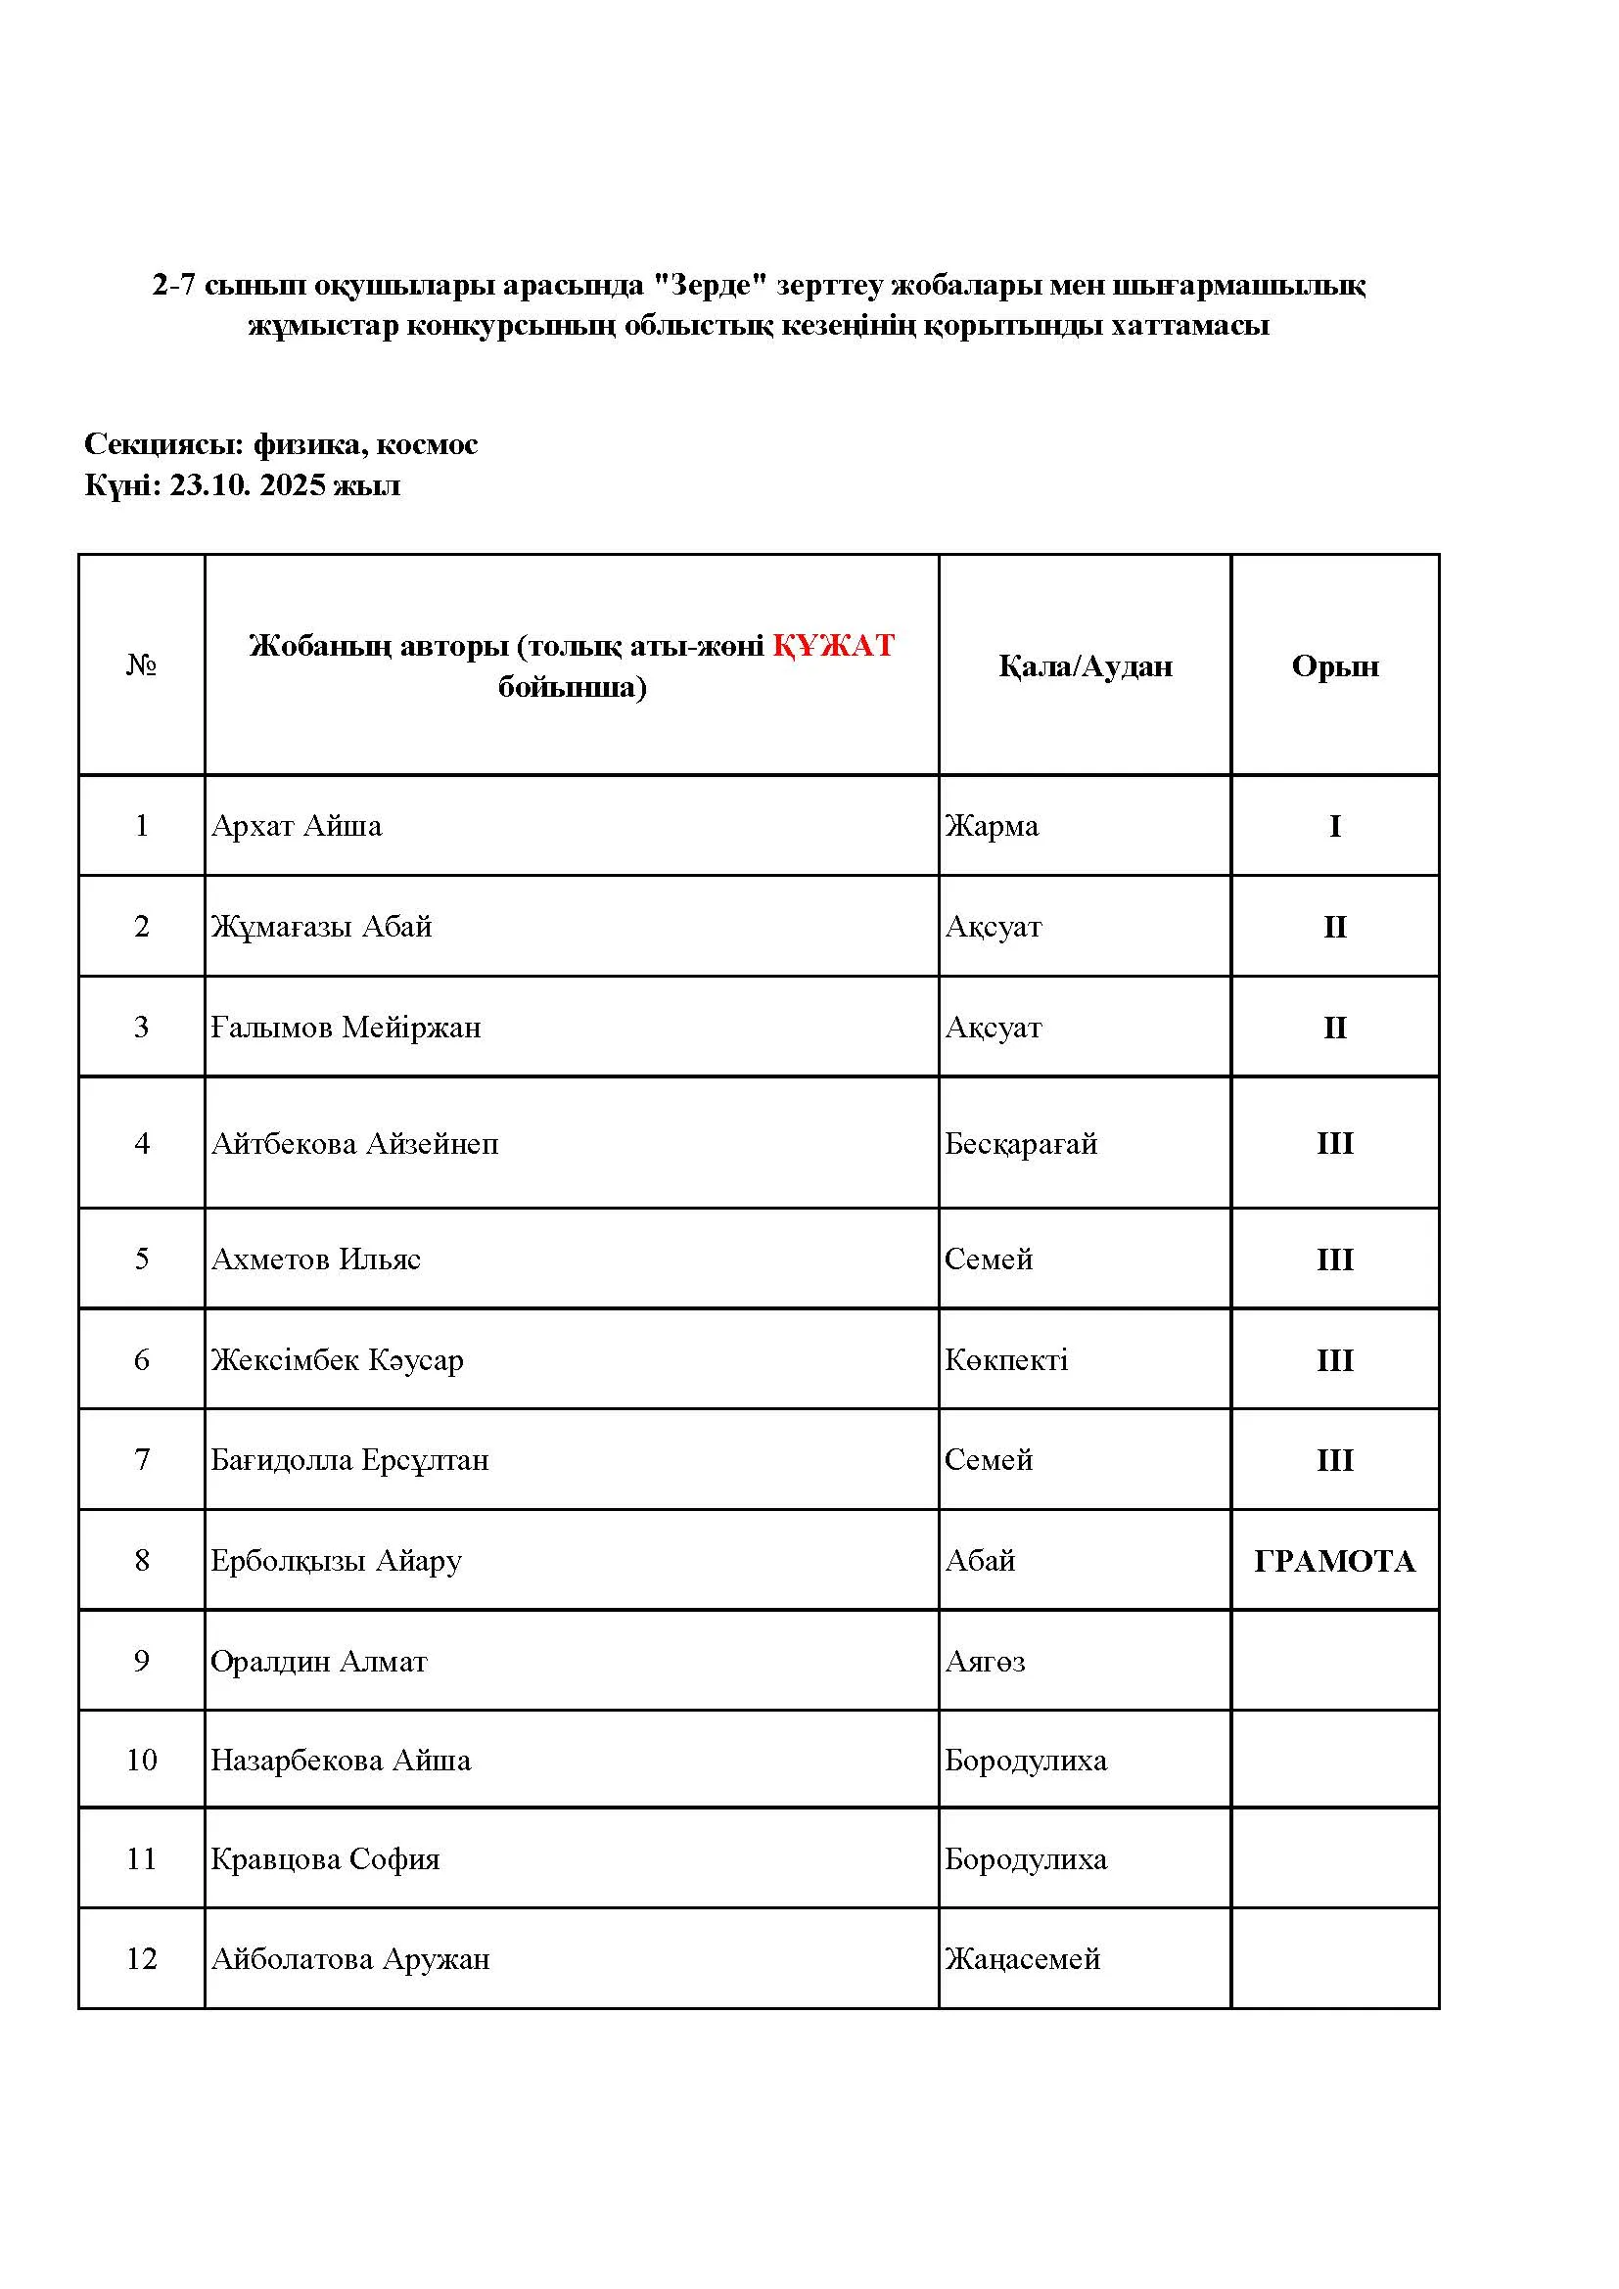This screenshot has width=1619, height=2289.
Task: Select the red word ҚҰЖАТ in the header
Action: click(x=833, y=645)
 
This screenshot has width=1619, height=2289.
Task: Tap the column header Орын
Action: click(x=1335, y=666)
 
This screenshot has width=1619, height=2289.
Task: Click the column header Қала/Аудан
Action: click(x=1085, y=666)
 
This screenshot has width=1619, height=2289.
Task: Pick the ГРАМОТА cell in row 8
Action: click(x=1335, y=1561)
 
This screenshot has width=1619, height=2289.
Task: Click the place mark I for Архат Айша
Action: click(x=1335, y=827)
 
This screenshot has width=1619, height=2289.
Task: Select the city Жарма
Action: click(x=992, y=826)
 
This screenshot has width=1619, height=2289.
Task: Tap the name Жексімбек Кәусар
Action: click(x=337, y=1360)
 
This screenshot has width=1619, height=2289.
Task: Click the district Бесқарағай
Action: click(x=1021, y=1142)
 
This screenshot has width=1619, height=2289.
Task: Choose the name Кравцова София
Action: click(x=325, y=1859)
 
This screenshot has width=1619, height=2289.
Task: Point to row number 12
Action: click(x=142, y=1959)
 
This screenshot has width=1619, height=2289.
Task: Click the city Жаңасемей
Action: click(x=1023, y=1959)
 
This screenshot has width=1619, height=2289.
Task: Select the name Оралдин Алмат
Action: click(x=319, y=1661)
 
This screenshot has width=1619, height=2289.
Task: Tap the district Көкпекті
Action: click(x=1006, y=1360)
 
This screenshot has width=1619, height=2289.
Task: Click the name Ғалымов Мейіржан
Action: click(x=346, y=1027)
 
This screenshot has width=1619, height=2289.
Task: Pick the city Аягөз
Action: click(x=985, y=1661)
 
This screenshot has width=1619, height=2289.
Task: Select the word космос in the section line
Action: click(x=427, y=444)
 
